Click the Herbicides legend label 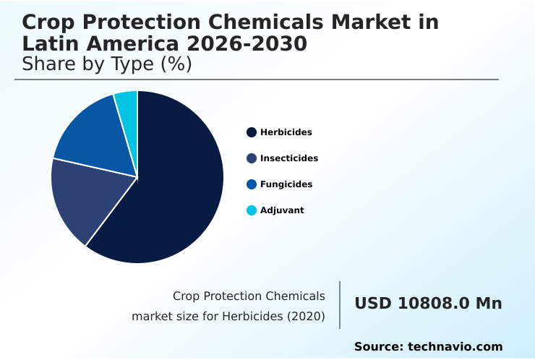pos(286,132)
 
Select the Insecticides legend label pos(288,158)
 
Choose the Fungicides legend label pos(286,184)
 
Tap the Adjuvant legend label pos(282,210)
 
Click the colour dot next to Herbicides pos(252,132)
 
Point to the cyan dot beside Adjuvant pos(252,210)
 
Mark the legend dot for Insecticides pos(252,158)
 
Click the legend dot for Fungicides pos(252,184)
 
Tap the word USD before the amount pos(372,304)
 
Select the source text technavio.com pos(455,347)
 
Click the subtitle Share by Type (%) pos(107,64)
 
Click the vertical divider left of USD pos(340,304)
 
